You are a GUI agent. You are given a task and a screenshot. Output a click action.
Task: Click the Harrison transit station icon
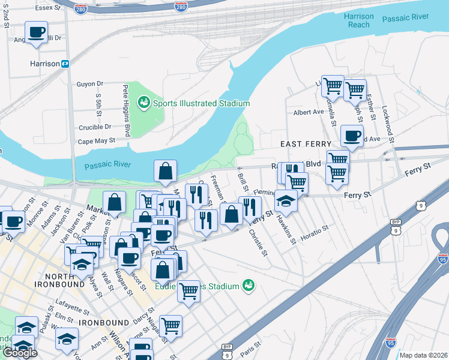(x=65, y=64)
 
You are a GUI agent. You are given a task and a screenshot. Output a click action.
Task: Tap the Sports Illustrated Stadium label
(x=201, y=103)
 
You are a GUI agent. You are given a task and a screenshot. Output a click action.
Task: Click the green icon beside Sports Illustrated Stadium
(x=144, y=103)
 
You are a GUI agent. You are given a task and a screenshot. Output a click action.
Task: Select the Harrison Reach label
(x=359, y=20)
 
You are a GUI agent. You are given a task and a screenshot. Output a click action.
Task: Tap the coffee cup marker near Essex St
(x=36, y=32)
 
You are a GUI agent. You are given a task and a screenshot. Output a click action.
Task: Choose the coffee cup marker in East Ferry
(x=352, y=135)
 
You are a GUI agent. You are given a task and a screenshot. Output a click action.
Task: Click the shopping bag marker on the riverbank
(x=165, y=171)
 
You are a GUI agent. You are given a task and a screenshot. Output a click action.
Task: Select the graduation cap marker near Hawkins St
(x=286, y=202)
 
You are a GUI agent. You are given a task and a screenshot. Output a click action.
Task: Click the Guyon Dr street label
(x=90, y=84)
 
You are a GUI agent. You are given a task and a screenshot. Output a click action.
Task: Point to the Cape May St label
(x=96, y=142)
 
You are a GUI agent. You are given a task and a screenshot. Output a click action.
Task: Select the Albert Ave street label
(x=309, y=112)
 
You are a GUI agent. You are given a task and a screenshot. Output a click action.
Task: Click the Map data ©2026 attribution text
(x=423, y=355)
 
